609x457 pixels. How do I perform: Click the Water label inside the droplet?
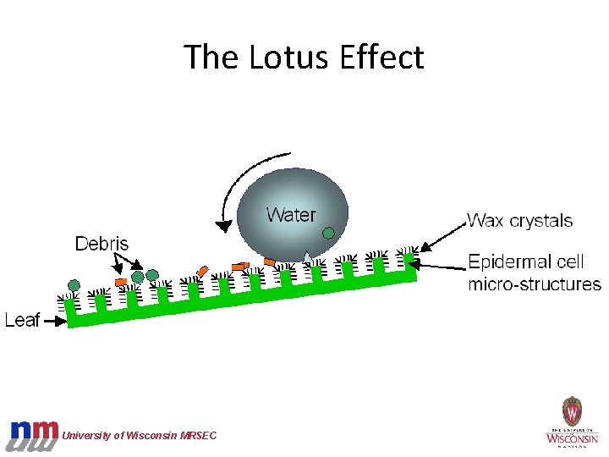coord(290,215)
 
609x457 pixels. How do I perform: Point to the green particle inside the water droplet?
coord(328,232)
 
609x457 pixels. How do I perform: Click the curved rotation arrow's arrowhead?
coord(224,225)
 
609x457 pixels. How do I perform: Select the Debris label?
coord(101,245)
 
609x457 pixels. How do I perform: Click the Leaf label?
coord(22,320)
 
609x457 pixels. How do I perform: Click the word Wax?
coord(486,222)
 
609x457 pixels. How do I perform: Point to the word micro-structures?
coord(535,284)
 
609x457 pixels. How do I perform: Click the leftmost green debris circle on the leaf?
coord(74,285)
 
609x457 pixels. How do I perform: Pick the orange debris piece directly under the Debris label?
coord(121,281)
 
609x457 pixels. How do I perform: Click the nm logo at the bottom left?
coord(34,434)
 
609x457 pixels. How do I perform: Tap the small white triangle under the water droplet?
coord(306,256)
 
